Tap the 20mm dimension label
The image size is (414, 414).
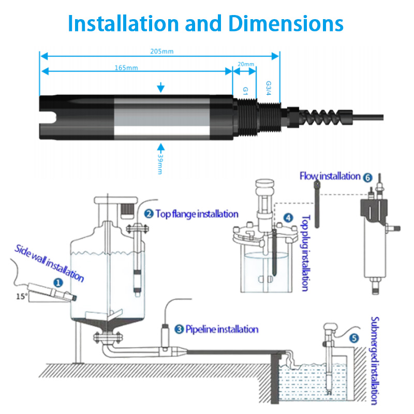(246, 65)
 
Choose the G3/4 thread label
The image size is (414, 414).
(268, 88)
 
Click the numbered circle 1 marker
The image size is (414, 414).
(58, 282)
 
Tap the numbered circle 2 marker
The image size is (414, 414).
(149, 213)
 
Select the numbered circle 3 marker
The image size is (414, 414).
(179, 329)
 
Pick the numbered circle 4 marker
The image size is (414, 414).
(288, 218)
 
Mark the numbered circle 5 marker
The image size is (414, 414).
(354, 339)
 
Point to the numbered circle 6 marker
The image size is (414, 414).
(368, 177)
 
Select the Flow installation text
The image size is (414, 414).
(330, 176)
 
